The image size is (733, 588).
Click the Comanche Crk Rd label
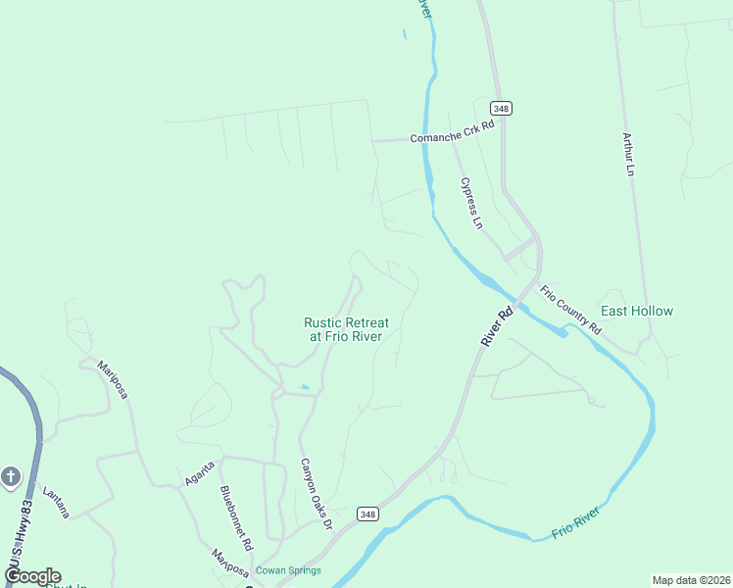(x=452, y=138)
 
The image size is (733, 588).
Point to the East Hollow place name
(x=637, y=312)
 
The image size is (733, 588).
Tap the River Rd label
(x=497, y=328)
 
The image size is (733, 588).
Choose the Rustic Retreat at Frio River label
(x=347, y=328)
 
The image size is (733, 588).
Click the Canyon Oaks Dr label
(x=317, y=496)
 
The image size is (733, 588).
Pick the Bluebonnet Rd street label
(x=236, y=517)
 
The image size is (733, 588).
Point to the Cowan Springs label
(x=288, y=570)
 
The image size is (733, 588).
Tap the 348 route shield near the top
(x=503, y=109)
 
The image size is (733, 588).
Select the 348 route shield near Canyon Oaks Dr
(x=366, y=514)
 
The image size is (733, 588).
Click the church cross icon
(x=11, y=477)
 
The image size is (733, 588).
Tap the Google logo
(x=31, y=576)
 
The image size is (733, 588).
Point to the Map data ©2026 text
(x=690, y=580)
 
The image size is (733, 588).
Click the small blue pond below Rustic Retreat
(x=305, y=387)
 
